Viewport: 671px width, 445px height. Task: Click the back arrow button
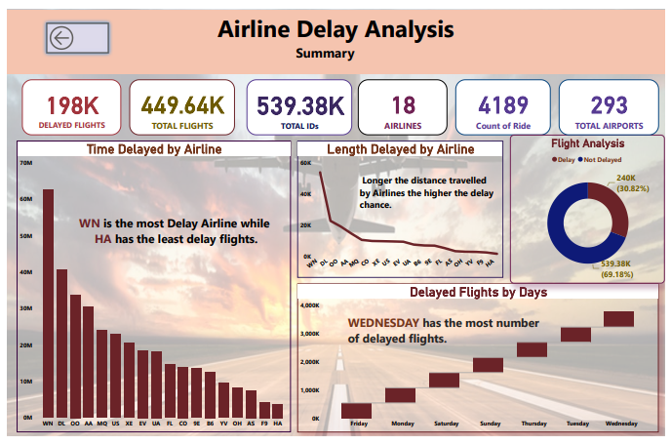click(x=77, y=38)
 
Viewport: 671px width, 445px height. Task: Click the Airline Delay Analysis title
click(x=335, y=29)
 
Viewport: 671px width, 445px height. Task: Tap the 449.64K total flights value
click(x=182, y=104)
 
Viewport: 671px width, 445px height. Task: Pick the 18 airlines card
click(x=403, y=104)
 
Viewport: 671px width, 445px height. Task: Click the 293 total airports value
click(x=609, y=104)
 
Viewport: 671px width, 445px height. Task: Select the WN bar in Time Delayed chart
click(x=48, y=303)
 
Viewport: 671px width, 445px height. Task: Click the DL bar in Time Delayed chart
click(x=61, y=343)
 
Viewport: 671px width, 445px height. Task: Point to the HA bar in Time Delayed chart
click(x=277, y=410)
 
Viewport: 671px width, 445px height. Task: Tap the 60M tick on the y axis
click(x=25, y=198)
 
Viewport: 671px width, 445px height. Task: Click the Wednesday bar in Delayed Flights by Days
click(x=618, y=319)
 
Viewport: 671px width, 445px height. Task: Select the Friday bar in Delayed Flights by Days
click(x=356, y=410)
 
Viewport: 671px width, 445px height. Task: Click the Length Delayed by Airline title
click(x=400, y=149)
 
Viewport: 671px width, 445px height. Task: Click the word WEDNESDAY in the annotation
click(x=383, y=322)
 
